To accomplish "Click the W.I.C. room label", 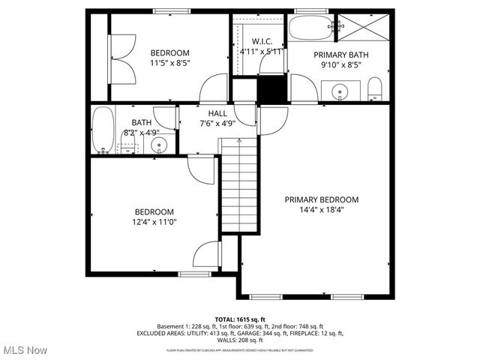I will coord(261,41).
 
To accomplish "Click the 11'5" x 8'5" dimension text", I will coord(169,63).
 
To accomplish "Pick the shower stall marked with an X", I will coord(361,30).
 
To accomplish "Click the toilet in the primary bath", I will coord(375,92).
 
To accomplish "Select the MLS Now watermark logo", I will coord(24,350).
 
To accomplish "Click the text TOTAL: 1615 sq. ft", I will coord(239,319).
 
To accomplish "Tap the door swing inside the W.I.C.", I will coord(270,64).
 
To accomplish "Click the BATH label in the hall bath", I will coord(142,122).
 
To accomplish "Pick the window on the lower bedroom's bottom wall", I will coord(193,274).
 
